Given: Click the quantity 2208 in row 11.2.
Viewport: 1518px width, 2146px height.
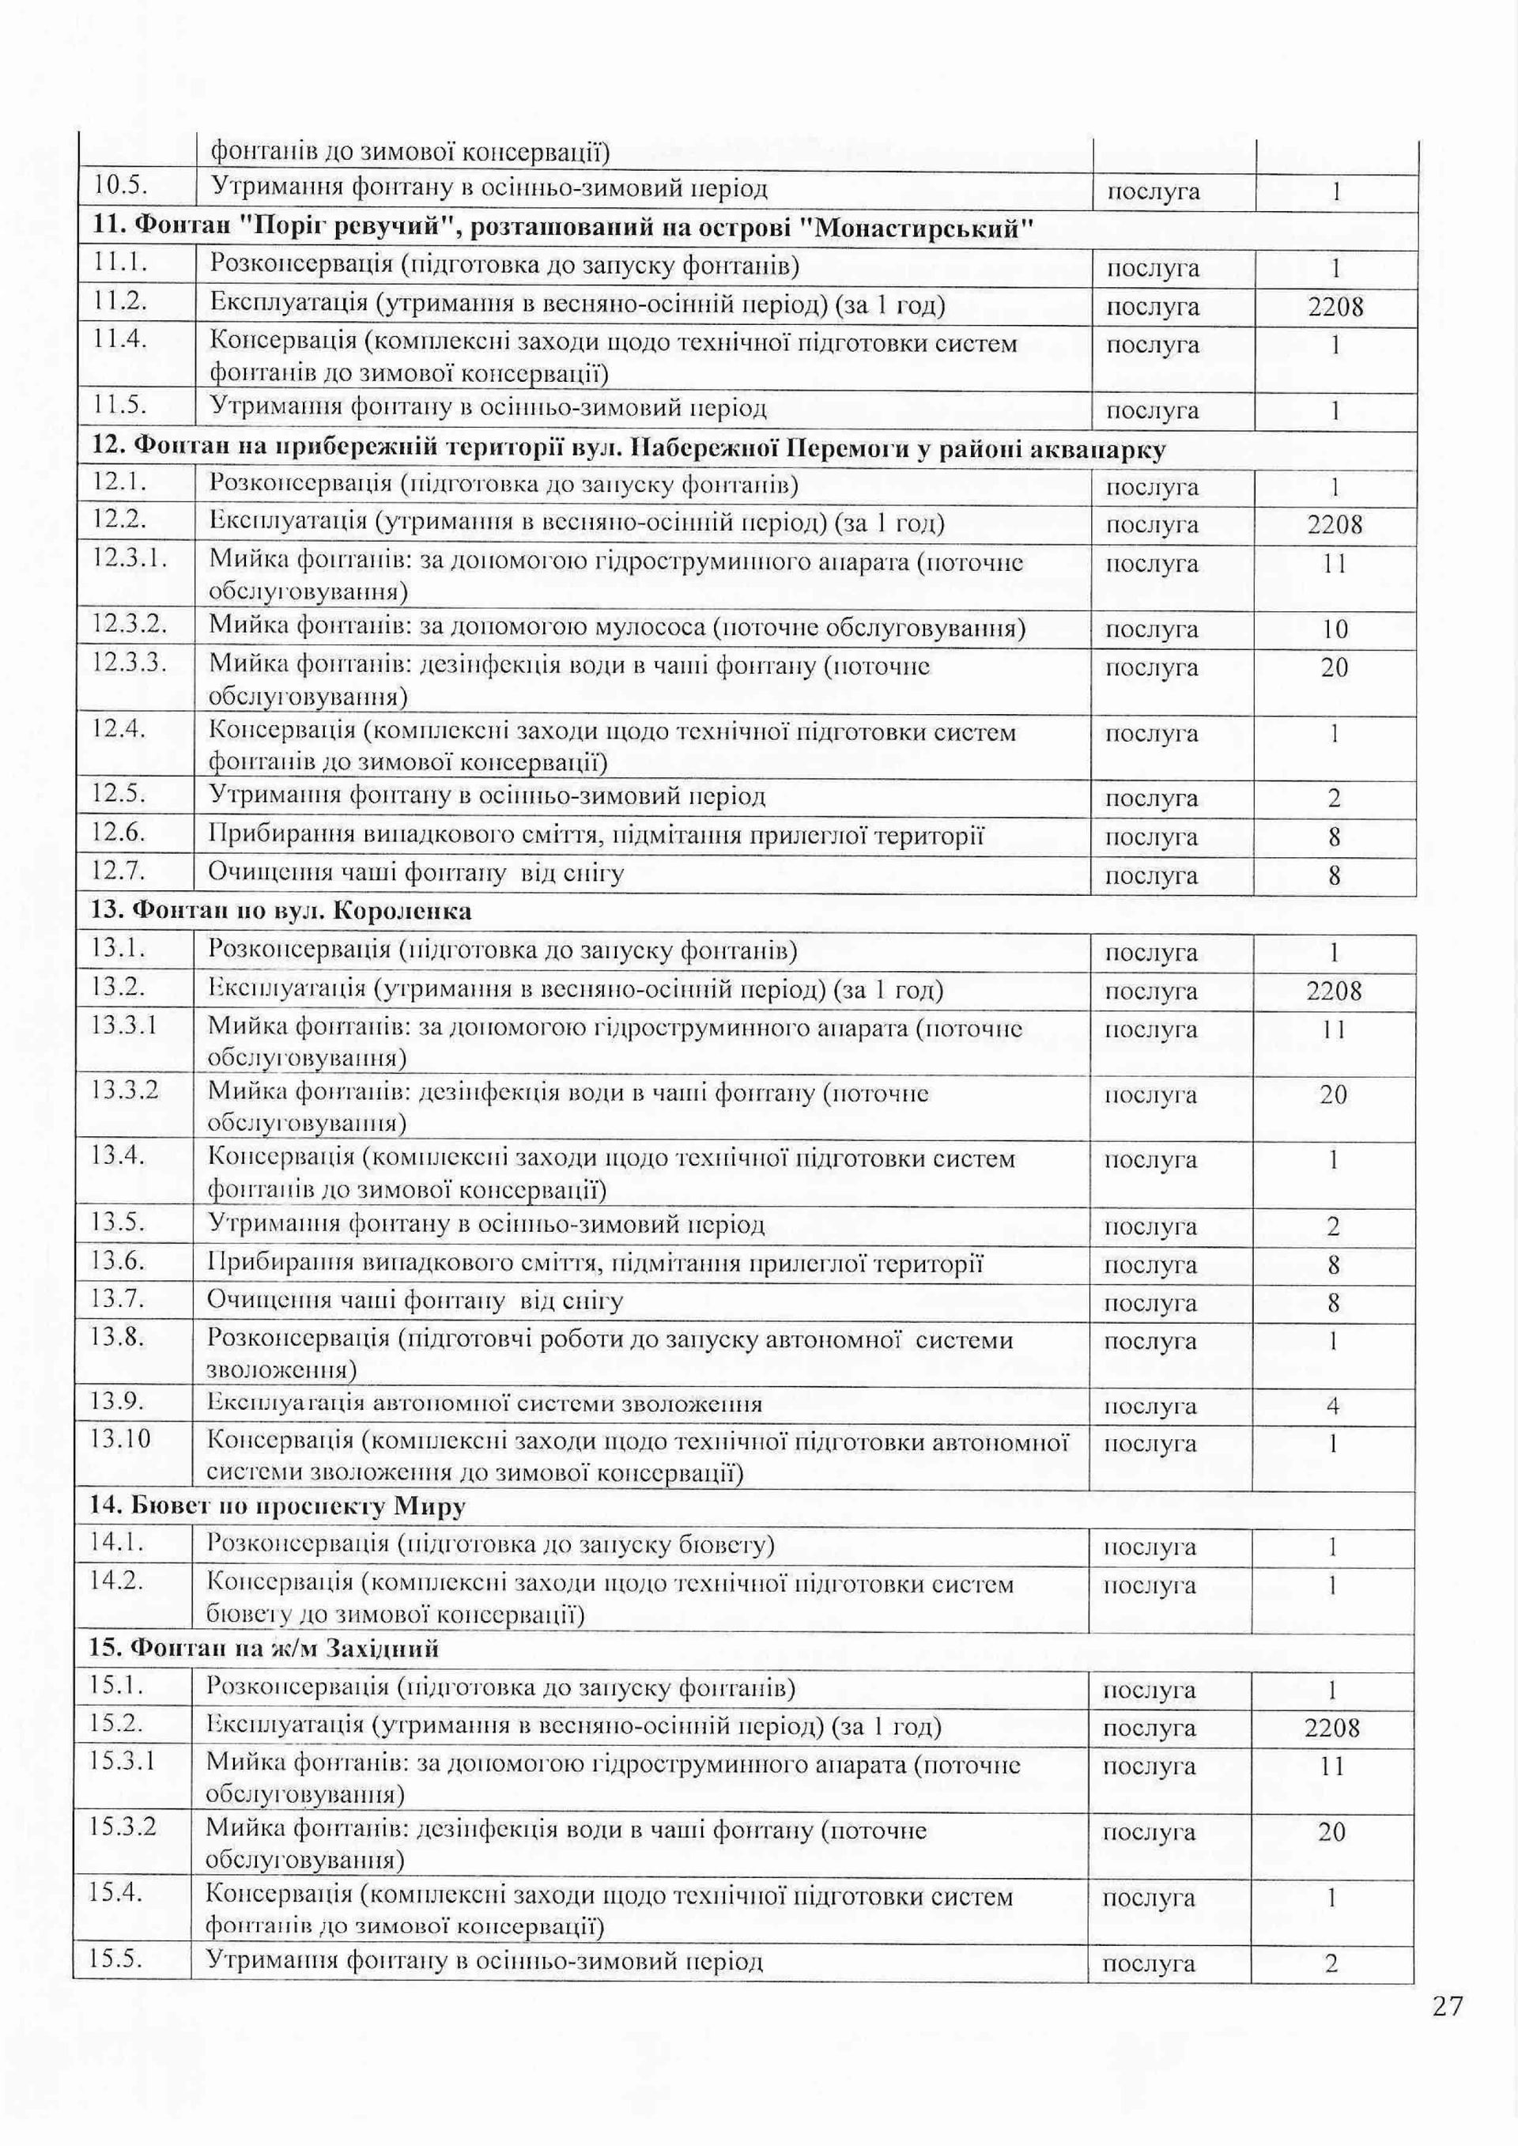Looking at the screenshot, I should [x=1335, y=308].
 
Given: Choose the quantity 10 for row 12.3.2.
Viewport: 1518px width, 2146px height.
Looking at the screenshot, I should [x=1335, y=629].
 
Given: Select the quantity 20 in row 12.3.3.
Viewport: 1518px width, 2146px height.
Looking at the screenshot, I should [x=1335, y=667].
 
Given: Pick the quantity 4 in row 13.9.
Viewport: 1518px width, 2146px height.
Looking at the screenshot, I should [x=1333, y=1406].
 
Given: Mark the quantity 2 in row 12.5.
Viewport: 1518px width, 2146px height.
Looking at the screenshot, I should [x=1334, y=798].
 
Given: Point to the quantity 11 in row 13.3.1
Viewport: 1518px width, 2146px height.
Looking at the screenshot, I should [x=1333, y=1029].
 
